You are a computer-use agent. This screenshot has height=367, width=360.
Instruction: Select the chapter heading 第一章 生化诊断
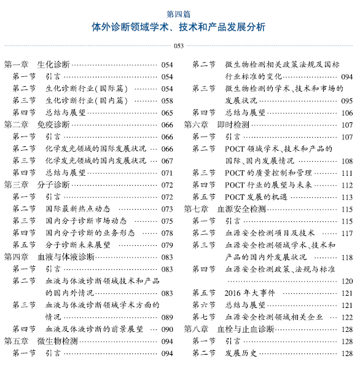pyautogui.click(x=37, y=65)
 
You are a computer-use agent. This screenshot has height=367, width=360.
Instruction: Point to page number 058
pyautogui.click(x=167, y=100)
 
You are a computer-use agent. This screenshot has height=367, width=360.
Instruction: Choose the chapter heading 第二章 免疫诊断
pyautogui.click(x=37, y=124)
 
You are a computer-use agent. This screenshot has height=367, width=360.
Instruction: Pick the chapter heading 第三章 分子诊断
pyautogui.click(x=37, y=184)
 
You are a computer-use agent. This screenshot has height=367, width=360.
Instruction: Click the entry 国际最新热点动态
pyautogui.click(x=77, y=208)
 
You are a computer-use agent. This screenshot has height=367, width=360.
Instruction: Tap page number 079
pyautogui.click(x=167, y=244)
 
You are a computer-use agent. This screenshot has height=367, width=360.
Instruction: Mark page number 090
pyautogui.click(x=167, y=328)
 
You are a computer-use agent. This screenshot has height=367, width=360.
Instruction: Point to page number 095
pyautogui.click(x=347, y=100)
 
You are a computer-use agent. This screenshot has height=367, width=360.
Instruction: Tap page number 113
pyautogui.click(x=347, y=197)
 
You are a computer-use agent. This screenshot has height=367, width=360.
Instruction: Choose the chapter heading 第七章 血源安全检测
pyautogui.click(x=225, y=209)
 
